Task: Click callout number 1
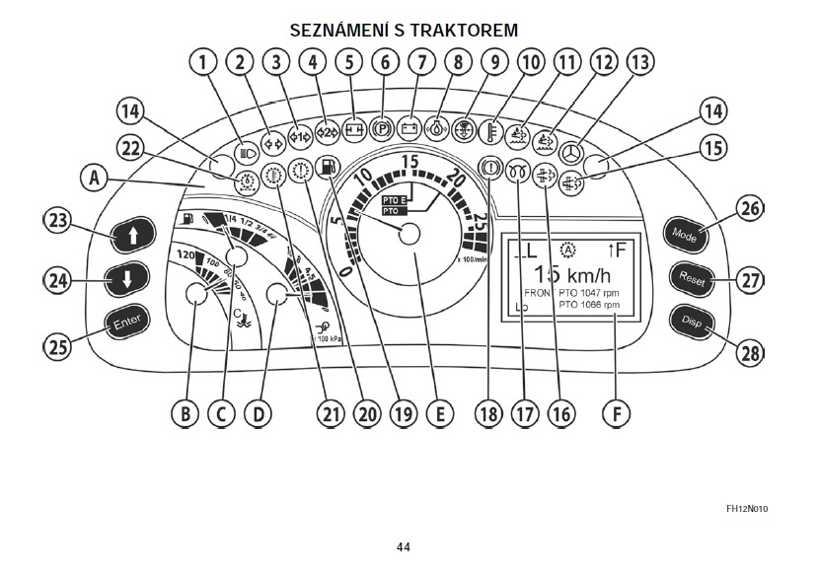[203, 64]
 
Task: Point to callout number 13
[641, 64]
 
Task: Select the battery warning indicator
[411, 127]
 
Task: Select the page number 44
[403, 547]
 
